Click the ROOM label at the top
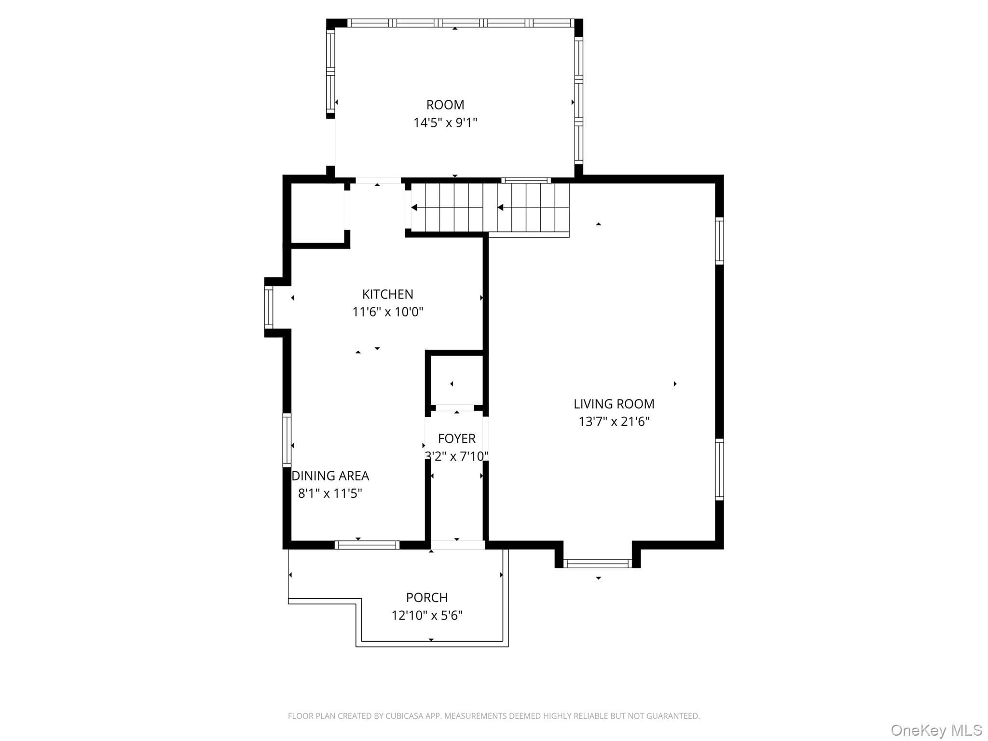(x=445, y=105)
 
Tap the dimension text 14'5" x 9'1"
(x=445, y=123)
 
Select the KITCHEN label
(x=387, y=294)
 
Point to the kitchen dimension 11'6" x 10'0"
(x=387, y=312)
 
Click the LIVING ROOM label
(x=614, y=404)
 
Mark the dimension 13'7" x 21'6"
(x=614, y=422)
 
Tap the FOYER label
(x=456, y=439)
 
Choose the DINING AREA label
(x=330, y=476)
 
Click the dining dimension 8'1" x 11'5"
(x=330, y=494)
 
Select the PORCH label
(x=427, y=598)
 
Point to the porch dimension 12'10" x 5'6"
(x=427, y=616)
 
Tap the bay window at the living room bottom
(x=597, y=563)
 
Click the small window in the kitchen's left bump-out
(x=268, y=307)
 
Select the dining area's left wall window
(x=287, y=439)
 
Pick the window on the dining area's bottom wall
(x=367, y=545)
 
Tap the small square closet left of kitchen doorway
(x=318, y=213)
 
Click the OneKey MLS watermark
(x=936, y=730)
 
